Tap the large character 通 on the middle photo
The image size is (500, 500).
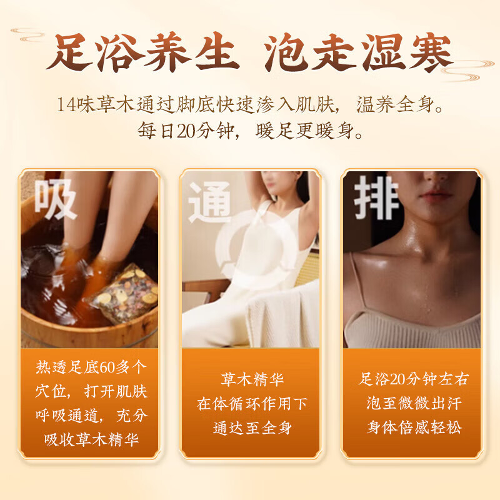(210, 202)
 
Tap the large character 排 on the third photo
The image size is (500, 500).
(377, 197)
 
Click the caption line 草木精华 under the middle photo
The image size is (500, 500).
(252, 379)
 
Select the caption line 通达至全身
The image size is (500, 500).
(252, 428)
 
